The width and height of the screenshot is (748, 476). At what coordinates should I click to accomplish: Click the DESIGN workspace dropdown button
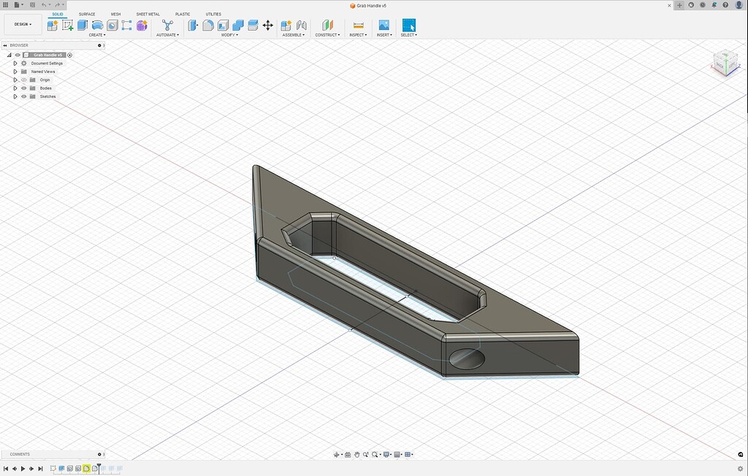[x=23, y=24]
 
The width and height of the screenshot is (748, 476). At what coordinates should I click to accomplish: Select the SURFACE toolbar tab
[x=87, y=14]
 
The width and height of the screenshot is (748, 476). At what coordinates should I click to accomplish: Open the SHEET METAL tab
[x=148, y=14]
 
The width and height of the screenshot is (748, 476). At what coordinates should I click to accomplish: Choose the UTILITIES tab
[x=213, y=14]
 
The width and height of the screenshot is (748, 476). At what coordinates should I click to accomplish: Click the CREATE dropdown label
[x=96, y=35]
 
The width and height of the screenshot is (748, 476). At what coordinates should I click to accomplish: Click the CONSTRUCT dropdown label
[x=327, y=35]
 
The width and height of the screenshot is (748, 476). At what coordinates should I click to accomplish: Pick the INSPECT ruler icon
[x=358, y=25]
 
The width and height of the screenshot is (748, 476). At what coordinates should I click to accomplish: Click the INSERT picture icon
[x=383, y=25]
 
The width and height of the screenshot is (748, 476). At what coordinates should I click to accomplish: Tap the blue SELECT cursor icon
[x=408, y=25]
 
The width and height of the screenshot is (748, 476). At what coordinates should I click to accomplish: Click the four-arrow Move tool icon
[x=267, y=25]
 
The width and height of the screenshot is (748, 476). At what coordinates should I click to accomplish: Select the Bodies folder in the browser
[x=45, y=88]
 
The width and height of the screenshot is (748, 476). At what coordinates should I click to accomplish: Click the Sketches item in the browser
[x=47, y=96]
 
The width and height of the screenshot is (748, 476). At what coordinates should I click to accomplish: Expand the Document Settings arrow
[x=15, y=64]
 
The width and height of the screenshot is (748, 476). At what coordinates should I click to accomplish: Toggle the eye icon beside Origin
[x=23, y=80]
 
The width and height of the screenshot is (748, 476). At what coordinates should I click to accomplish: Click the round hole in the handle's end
[x=466, y=358]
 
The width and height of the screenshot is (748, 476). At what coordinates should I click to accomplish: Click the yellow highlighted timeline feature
[x=86, y=468]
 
